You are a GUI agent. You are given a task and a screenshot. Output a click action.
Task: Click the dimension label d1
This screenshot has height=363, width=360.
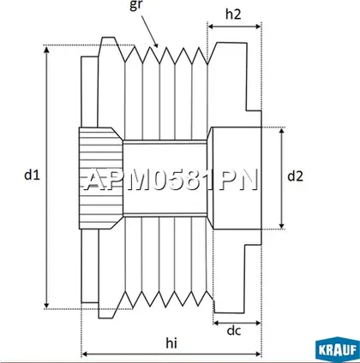[x=32, y=175]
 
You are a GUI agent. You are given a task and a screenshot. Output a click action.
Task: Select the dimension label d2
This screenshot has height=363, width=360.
[x=295, y=176]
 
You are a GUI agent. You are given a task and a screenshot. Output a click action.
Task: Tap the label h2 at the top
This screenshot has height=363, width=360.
[x=233, y=15]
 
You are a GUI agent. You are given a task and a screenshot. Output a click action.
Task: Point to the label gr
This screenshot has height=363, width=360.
[x=135, y=6]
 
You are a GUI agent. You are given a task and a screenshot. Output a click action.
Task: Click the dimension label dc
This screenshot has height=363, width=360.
[x=234, y=330]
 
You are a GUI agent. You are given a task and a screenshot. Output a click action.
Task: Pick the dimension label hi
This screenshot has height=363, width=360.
[x=171, y=343]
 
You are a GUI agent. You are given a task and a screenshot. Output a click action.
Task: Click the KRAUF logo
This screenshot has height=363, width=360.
[x=338, y=350]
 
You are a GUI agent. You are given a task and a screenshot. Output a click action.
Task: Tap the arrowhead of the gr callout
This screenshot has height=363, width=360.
[x=155, y=45]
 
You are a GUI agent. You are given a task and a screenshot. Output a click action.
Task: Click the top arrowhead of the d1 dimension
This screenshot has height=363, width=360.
[x=47, y=49]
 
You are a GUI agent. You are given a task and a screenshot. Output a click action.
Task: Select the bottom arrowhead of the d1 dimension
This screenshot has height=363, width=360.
[x=47, y=305]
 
